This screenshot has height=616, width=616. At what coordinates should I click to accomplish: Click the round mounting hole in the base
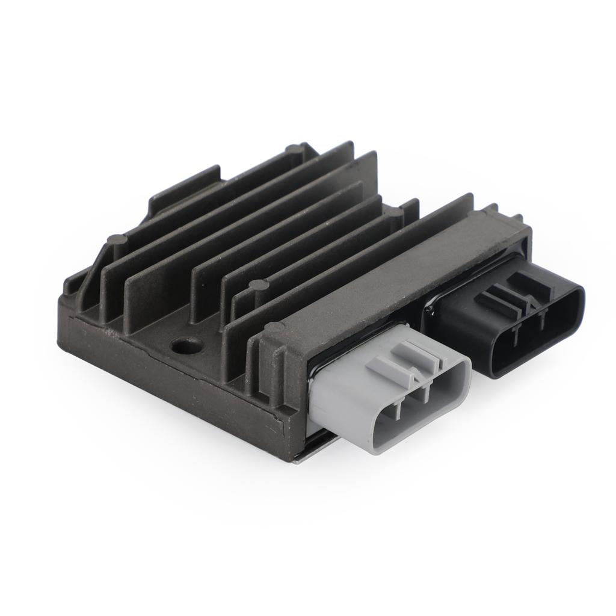click(x=186, y=345)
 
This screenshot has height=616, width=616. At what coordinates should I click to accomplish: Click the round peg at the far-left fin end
click(x=117, y=239)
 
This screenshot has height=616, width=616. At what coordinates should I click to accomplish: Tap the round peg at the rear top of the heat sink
click(x=294, y=149)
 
